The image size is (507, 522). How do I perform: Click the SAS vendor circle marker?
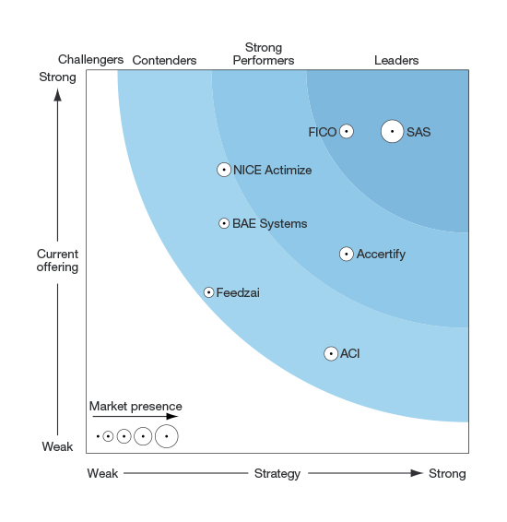(392, 131)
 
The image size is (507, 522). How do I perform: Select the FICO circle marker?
(347, 131)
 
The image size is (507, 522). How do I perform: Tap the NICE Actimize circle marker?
(224, 170)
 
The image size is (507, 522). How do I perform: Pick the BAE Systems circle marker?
(224, 223)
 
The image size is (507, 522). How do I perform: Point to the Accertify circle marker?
(347, 254)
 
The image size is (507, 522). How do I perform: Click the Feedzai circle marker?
(208, 292)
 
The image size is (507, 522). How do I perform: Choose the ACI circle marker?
(331, 353)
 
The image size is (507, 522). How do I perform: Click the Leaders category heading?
(396, 60)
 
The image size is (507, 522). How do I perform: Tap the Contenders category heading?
(164, 60)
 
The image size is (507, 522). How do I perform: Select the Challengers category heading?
(91, 60)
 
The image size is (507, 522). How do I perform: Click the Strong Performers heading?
(264, 53)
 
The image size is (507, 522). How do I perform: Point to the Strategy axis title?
(277, 473)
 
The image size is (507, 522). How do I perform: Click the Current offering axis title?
(57, 260)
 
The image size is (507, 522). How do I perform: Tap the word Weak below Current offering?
(57, 446)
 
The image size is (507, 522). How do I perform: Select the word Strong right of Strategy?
(447, 473)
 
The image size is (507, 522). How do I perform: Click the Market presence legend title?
(136, 406)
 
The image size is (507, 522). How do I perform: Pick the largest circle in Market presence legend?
(166, 436)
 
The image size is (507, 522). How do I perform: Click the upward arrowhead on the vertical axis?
(57, 95)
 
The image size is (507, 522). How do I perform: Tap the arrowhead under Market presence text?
(172, 416)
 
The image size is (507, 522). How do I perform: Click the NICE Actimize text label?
(273, 170)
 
